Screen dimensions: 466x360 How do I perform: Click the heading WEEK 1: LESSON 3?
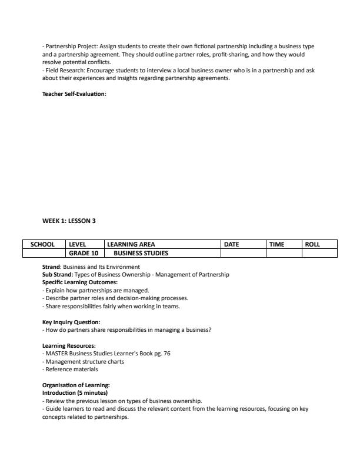(68, 221)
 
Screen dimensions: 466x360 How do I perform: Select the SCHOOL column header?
(42, 244)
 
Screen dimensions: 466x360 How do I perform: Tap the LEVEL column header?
(78, 244)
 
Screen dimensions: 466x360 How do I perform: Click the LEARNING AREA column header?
(131, 244)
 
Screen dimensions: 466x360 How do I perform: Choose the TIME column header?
(276, 244)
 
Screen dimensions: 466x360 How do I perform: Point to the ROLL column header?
(312, 244)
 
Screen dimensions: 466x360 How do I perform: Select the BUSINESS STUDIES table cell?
(141, 254)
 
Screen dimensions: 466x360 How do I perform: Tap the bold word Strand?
(51, 267)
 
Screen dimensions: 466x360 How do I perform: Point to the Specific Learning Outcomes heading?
(80, 282)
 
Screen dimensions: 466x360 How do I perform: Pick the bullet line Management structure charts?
(84, 361)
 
